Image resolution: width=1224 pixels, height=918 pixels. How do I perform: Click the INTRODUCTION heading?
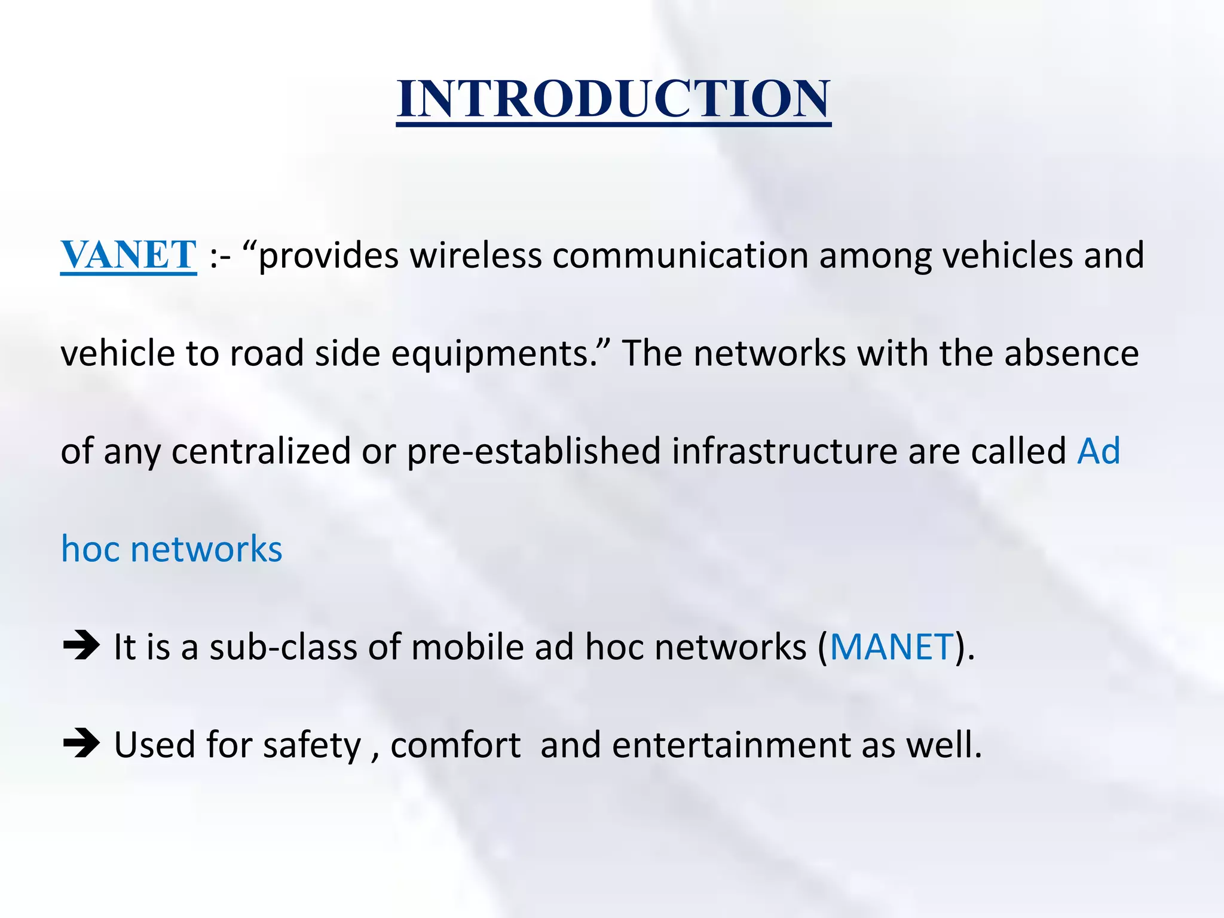pos(613,99)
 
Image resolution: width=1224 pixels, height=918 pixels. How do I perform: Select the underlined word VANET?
pos(128,255)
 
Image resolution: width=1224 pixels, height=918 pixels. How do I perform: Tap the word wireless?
pos(475,255)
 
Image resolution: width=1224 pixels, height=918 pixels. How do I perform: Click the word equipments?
pos(490,354)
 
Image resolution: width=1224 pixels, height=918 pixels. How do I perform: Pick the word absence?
pos(1071,353)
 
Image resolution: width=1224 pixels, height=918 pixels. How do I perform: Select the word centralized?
pos(261,451)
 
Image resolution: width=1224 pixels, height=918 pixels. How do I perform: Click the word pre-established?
pos(534,451)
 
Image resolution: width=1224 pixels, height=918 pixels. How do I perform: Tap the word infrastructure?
pos(784,451)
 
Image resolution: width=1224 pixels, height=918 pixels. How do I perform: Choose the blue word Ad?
pos(1098,451)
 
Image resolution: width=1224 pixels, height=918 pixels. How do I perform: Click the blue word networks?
pos(206,549)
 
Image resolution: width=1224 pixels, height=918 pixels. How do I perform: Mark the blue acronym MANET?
pos(891,647)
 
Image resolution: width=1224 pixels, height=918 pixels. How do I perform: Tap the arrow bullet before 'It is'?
pos(81,645)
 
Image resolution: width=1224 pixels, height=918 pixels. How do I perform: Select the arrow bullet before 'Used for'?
pos(81,744)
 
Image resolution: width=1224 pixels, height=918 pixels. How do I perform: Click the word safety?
pos(312,745)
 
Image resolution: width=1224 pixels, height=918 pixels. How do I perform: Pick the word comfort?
pos(455,745)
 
